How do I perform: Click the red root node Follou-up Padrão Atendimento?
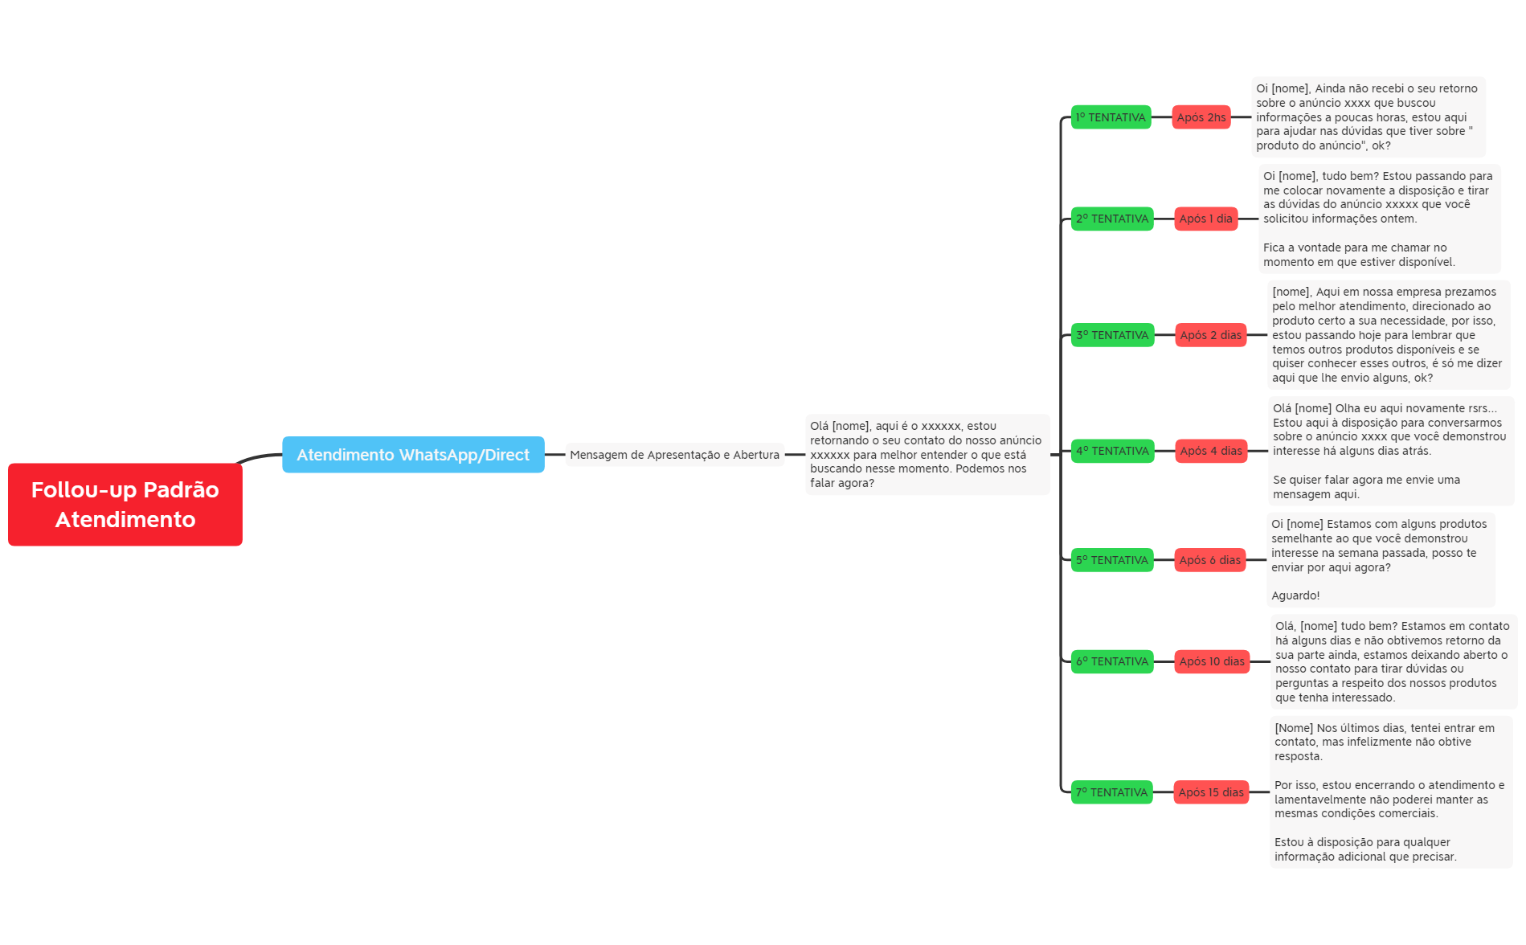[x=125, y=505]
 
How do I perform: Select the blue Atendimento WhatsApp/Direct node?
[x=413, y=455]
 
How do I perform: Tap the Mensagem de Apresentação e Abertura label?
[x=674, y=455]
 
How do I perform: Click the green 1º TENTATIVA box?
[x=1111, y=117]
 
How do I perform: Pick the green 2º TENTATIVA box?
[x=1112, y=219]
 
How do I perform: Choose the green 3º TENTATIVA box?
[x=1112, y=335]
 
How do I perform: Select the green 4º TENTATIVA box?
[x=1112, y=451]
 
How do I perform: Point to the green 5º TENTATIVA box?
[x=1112, y=560]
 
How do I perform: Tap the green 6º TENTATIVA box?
[x=1112, y=661]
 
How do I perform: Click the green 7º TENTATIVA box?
[x=1112, y=792]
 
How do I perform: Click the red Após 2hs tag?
[x=1201, y=117]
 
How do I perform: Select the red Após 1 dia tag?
[x=1205, y=219]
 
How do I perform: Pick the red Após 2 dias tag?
[x=1210, y=335]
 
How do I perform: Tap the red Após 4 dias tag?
[x=1210, y=451]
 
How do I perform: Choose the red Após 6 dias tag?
[x=1210, y=560]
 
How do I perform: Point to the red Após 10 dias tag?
[x=1212, y=661]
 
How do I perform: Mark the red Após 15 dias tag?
[x=1211, y=792]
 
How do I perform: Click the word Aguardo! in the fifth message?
[x=1295, y=595]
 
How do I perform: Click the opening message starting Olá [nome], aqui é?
[x=927, y=455]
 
